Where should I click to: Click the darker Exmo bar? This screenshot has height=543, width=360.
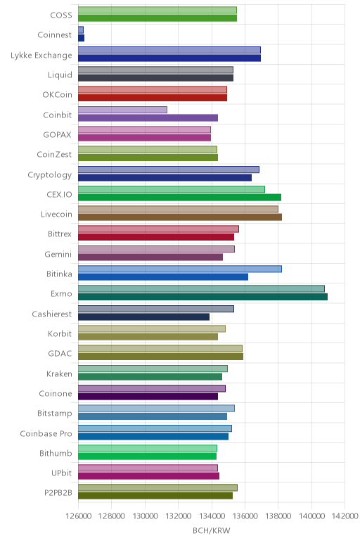tap(202, 297)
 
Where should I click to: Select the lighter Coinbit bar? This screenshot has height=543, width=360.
tap(122, 110)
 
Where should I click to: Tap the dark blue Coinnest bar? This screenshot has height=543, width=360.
tap(81, 38)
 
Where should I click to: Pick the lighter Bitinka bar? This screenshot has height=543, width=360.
tap(180, 269)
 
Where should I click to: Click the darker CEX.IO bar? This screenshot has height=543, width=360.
tap(180, 198)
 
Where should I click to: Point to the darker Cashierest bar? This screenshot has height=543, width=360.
tap(143, 317)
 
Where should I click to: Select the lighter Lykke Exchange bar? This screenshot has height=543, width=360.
tap(169, 50)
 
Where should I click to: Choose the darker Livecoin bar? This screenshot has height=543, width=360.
tap(180, 217)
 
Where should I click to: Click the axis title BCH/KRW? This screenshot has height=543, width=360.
tap(211, 530)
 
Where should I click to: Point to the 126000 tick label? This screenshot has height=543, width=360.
tap(78, 516)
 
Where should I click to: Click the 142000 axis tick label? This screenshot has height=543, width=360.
tap(345, 516)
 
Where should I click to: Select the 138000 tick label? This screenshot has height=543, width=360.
tap(278, 516)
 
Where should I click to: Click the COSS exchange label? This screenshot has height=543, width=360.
tap(61, 15)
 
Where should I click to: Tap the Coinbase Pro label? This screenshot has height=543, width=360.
tap(46, 433)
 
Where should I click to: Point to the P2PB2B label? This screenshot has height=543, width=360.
tap(58, 493)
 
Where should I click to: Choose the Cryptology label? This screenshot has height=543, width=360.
tap(50, 175)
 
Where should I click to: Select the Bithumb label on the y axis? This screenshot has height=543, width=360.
tap(56, 453)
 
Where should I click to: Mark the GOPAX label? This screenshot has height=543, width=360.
tap(58, 135)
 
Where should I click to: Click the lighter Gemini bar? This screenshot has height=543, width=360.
tap(157, 249)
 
